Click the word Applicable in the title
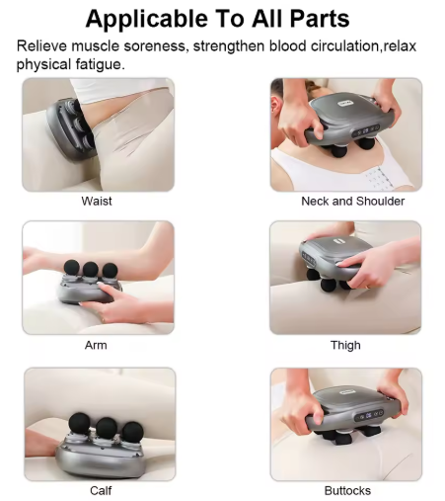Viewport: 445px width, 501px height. click(147, 19)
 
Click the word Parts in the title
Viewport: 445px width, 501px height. click(320, 19)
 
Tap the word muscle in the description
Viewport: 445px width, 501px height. click(96, 45)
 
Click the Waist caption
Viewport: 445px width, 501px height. click(97, 201)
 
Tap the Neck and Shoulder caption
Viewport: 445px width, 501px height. click(353, 201)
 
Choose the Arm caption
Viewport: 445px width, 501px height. click(96, 345)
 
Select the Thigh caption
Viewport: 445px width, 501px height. click(345, 345)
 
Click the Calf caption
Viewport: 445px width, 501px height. click(101, 490)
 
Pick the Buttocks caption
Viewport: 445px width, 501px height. click(347, 490)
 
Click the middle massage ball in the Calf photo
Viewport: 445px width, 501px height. click(107, 428)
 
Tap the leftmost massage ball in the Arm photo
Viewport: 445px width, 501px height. click(71, 267)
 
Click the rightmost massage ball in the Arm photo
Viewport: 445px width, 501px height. click(110, 270)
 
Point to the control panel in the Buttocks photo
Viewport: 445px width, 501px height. click(369, 415)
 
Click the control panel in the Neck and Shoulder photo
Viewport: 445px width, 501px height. click(366, 130)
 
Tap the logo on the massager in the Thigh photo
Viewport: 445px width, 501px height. click(338, 241)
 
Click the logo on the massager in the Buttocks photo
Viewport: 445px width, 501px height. click(347, 392)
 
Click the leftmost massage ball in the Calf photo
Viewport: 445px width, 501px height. click(79, 423)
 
